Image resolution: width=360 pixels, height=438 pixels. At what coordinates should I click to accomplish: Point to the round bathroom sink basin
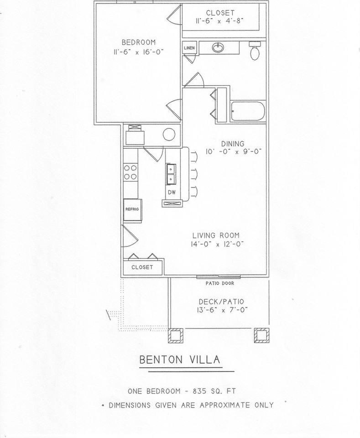(x=218, y=47)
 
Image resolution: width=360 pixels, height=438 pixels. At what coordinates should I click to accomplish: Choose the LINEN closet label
(x=189, y=48)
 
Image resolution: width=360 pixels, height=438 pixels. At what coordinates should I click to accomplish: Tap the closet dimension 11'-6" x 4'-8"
(x=220, y=21)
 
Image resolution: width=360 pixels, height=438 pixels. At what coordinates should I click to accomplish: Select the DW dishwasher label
(x=172, y=192)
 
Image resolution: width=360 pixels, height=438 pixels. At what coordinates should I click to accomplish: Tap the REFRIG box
(x=131, y=209)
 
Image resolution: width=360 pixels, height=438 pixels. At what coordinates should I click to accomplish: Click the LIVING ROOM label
(x=216, y=235)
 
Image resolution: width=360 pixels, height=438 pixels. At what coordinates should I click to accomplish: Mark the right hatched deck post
(x=261, y=335)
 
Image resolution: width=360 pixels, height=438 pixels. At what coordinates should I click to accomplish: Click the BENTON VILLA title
(x=180, y=360)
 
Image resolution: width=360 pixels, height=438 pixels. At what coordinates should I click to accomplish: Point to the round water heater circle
(x=169, y=135)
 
